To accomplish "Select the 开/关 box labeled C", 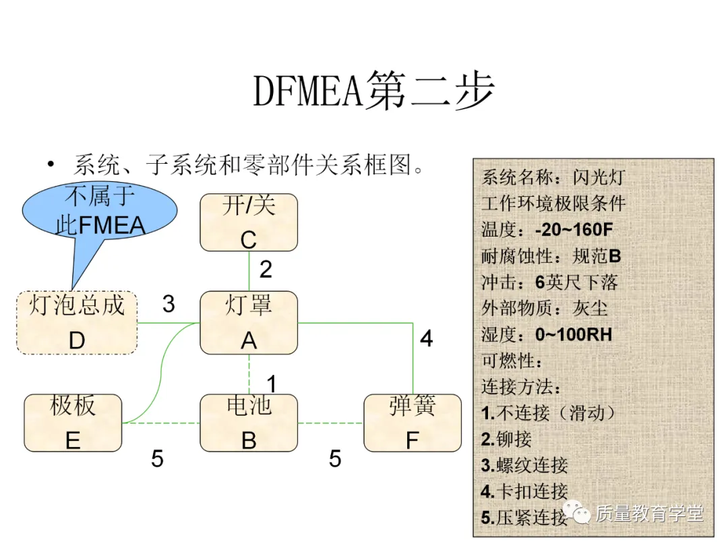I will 249,222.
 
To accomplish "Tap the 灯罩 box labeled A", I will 249,323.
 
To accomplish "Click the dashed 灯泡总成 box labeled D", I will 77,323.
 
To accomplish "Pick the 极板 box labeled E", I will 73,423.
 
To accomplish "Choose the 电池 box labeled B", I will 249,423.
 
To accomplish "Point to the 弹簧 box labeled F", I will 413,423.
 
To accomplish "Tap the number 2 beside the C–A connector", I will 266,270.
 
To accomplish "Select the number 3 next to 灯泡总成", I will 169,305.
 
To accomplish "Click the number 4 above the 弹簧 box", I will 426,338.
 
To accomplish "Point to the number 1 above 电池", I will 271,384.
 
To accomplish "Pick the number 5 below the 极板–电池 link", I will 157,459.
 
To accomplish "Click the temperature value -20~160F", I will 574,230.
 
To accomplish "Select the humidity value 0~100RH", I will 574,334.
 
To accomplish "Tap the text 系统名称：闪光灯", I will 553,178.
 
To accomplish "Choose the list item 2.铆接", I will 506,439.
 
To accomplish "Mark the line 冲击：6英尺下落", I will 549,282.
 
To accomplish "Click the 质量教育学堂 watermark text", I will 648,514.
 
